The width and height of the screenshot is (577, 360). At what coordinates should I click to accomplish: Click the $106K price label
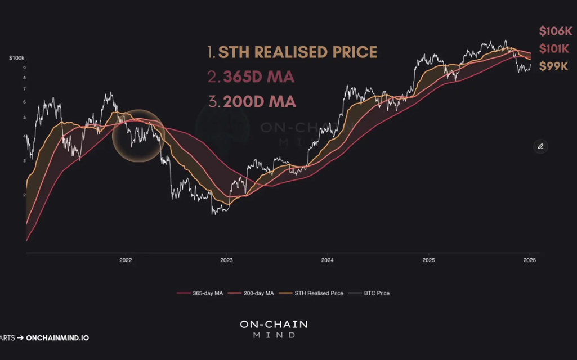pos(555,31)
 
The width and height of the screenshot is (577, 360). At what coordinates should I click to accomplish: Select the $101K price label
pos(554,49)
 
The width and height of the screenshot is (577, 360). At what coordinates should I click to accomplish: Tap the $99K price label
pos(553,66)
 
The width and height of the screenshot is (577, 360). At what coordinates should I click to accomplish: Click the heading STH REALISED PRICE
pos(292,52)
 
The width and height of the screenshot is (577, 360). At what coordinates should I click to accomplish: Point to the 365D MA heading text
pos(251,77)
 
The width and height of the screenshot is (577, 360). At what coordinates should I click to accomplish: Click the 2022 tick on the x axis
pos(126,260)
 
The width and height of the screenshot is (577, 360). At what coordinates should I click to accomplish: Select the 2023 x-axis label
pos(226,260)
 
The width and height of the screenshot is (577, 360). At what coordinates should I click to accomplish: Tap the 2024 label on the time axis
pos(327,260)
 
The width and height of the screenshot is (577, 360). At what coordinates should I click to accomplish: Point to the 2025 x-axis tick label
pos(428,260)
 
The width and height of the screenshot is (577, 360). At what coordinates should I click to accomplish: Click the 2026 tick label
pos(529,260)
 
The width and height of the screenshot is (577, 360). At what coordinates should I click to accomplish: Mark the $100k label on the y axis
pos(16,58)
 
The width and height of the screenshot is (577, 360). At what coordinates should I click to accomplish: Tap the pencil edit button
pos(540,146)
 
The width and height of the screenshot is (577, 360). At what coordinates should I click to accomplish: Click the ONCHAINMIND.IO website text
pos(57,338)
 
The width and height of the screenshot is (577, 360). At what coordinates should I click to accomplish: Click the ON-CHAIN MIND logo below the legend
pos(274,329)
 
